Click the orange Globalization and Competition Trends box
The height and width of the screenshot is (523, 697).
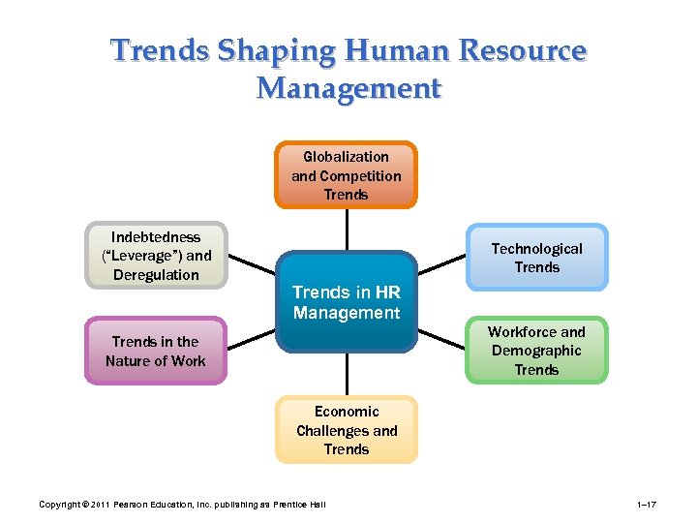point(346,175)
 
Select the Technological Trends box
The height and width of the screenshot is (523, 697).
point(537,258)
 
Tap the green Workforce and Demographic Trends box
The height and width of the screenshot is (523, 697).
point(536,351)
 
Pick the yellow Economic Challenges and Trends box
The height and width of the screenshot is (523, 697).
point(347,430)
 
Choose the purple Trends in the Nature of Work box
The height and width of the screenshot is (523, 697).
point(156,351)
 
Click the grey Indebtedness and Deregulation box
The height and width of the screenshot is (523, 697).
point(156,256)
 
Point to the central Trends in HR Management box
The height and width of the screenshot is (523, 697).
point(347,303)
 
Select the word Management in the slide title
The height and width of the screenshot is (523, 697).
point(348,88)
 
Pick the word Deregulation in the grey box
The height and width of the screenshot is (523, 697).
point(156,275)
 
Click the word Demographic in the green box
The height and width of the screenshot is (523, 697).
point(536,351)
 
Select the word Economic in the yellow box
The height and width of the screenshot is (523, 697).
point(347,412)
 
